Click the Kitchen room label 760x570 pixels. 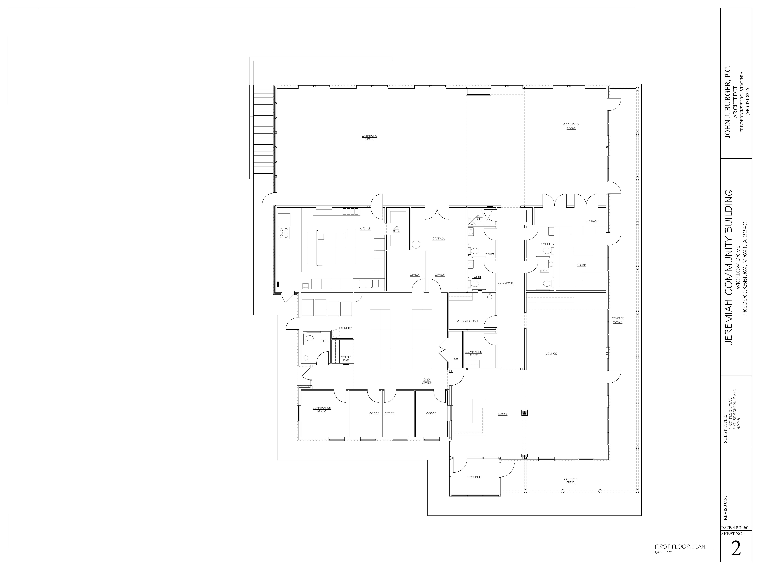point(365,228)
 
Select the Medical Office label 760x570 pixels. point(468,321)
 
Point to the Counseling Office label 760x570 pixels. point(474,354)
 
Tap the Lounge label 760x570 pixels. point(551,354)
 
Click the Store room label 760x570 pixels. point(581,265)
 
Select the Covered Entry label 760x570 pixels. point(571,481)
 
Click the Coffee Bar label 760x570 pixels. point(346,359)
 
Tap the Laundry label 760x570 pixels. point(345,328)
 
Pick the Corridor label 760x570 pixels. point(505,283)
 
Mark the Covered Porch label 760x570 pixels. point(617,320)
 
